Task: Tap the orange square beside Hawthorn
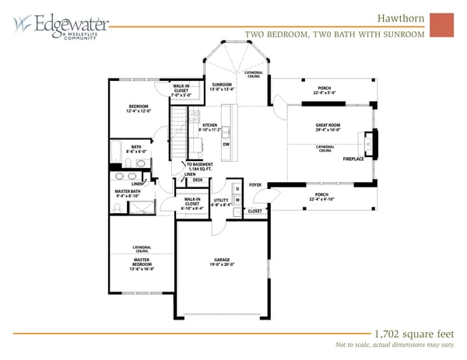coord(441,24)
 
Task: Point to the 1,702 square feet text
coord(402,328)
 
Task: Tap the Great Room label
coord(327,128)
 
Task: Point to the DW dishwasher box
coord(226,144)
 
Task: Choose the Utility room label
coord(221,202)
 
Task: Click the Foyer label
coord(255,185)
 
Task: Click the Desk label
coord(198,180)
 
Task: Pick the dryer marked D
coord(237,189)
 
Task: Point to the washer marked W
coord(237,201)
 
